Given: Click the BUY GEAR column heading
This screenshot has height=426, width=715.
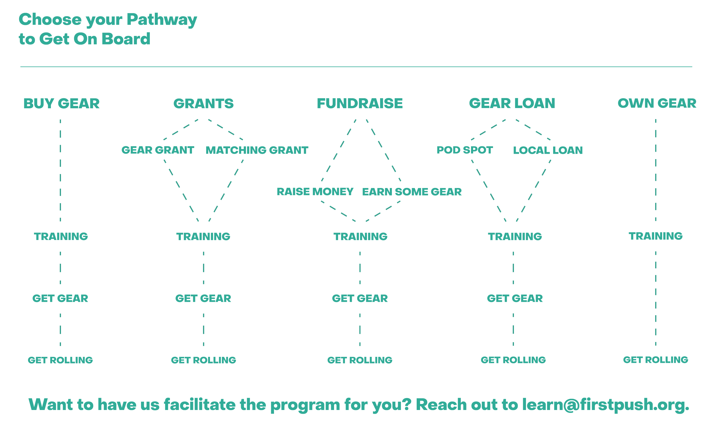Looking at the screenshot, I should (x=61, y=103).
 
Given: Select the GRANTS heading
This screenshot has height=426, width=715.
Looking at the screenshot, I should (x=203, y=103).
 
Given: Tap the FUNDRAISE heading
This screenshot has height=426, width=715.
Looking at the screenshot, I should (x=360, y=103).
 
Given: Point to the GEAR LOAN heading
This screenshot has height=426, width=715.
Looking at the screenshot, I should (x=512, y=103).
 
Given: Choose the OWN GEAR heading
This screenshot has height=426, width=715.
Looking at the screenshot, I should (x=657, y=103).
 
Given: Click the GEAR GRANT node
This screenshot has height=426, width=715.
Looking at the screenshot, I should (x=158, y=150).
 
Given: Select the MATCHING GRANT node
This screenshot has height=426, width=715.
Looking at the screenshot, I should (x=257, y=150).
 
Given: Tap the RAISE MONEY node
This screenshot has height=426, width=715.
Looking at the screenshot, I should (x=315, y=191).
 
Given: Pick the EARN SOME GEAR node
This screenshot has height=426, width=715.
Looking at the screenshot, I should (x=412, y=191).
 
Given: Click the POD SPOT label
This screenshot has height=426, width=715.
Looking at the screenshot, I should (x=464, y=150).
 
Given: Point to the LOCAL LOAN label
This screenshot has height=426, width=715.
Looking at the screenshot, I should (x=548, y=150).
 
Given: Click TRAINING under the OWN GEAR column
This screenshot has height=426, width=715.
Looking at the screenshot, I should (x=656, y=236).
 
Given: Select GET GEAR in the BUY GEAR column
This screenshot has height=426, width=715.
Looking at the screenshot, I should (x=60, y=298).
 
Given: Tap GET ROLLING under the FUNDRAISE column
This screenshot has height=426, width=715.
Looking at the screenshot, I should (x=360, y=360).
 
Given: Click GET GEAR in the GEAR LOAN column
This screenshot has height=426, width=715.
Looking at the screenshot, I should (x=515, y=298).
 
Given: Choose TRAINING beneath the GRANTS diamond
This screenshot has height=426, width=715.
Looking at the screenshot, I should (x=203, y=237).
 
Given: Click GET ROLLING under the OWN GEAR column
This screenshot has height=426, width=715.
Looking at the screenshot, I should (x=656, y=360).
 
